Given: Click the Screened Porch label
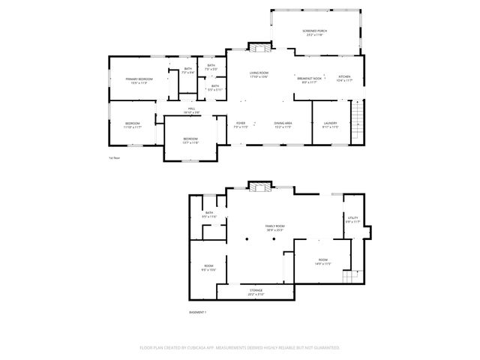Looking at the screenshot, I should click(x=314, y=31).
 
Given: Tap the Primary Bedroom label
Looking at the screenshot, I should click(x=139, y=79).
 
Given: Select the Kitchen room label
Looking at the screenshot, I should click(x=344, y=77).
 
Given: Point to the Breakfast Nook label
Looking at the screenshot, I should click(x=309, y=79).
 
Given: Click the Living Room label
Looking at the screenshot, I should click(x=259, y=73).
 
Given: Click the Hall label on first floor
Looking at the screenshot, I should click(x=192, y=109).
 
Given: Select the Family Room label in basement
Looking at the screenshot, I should click(x=274, y=226).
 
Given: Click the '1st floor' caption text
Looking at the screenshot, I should click(x=115, y=158).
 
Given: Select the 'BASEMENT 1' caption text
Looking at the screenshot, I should click(x=197, y=311).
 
